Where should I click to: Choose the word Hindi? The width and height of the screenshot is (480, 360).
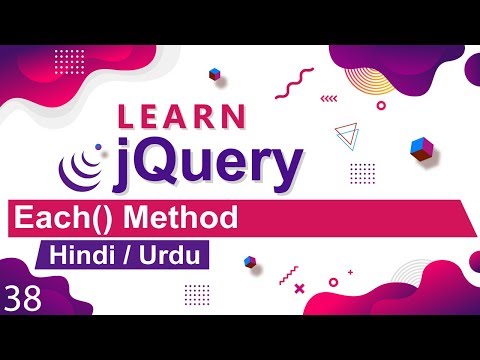(x=78, y=255)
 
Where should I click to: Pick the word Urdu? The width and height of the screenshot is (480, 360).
(x=165, y=255)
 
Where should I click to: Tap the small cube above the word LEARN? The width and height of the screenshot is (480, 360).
(x=213, y=74)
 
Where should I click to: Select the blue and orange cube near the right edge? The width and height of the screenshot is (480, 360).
(x=420, y=148)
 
